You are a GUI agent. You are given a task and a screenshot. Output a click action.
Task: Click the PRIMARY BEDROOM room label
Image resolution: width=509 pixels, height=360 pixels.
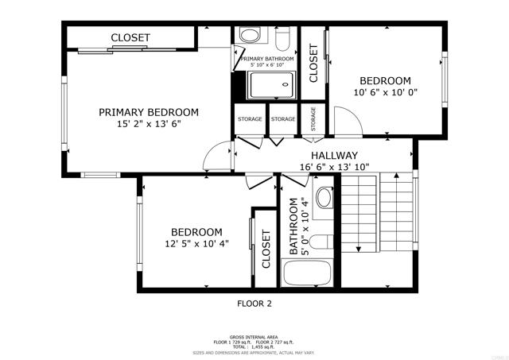tap(149, 112)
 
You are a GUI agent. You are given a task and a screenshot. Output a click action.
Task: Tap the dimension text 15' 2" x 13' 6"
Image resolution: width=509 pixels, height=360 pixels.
tap(149, 124)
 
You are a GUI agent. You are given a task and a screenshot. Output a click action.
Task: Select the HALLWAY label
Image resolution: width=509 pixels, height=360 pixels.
tap(334, 155)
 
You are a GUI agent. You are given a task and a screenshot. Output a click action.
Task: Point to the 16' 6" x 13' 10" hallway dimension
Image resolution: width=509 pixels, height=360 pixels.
tap(334, 167)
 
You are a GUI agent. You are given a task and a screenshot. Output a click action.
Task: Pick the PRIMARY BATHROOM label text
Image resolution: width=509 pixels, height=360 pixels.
tap(266, 59)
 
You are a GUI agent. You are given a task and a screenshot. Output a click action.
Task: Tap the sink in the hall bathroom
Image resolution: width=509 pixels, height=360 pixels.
tap(325, 198)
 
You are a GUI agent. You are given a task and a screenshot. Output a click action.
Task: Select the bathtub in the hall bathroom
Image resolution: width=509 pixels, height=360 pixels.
tap(306, 274)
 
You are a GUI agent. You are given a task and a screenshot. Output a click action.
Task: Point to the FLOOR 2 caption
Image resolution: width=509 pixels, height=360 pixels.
tap(254, 303)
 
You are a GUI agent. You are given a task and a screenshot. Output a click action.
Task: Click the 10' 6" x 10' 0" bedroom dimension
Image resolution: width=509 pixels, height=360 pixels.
tap(385, 92)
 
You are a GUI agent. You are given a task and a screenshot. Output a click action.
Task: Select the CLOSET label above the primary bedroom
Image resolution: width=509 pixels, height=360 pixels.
tap(131, 37)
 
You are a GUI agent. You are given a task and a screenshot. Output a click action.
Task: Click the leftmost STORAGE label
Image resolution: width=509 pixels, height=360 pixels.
tap(250, 119)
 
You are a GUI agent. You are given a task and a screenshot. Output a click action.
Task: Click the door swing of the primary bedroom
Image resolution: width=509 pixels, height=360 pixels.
tap(216, 157)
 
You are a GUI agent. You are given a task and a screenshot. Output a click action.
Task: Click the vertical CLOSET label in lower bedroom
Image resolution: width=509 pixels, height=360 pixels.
tap(266, 248)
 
